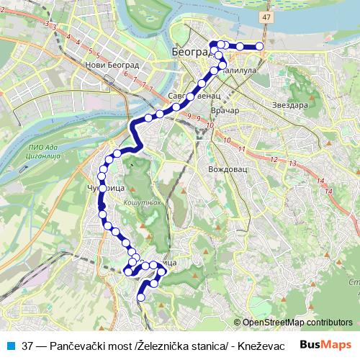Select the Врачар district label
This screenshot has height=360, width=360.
tap(225, 112)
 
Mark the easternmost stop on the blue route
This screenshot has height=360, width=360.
tap(260, 47)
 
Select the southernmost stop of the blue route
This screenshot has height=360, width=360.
tap(140, 295)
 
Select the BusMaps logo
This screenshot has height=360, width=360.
tap(326, 345)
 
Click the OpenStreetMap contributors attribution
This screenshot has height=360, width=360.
tap(297, 323)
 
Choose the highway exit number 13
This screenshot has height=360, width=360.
tap(292, 164)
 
